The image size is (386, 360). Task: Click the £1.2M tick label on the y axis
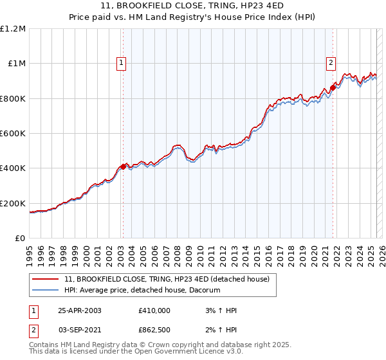(13, 29)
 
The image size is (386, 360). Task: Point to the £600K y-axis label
(13, 134)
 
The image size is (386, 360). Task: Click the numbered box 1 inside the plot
(122, 63)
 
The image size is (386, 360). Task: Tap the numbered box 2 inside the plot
(330, 63)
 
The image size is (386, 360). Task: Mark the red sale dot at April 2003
(124, 166)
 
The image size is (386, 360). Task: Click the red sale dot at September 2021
(333, 87)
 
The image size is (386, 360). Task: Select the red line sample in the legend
(45, 280)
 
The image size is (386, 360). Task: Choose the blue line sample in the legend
(45, 291)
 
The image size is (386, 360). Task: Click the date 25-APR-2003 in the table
(80, 310)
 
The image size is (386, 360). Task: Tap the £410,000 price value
(154, 310)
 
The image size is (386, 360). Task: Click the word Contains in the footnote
(45, 345)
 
